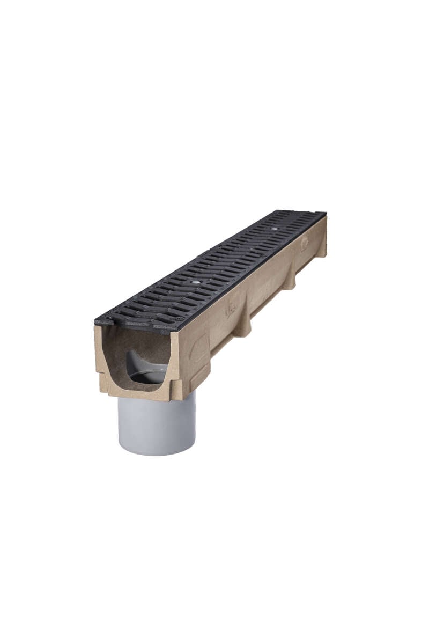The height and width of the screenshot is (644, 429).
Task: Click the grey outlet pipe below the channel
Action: pos(156,424)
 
